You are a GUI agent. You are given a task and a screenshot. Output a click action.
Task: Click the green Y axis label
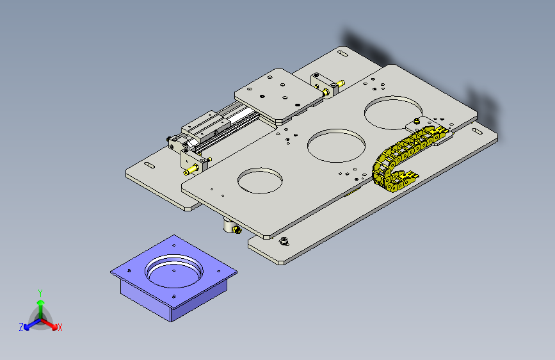40,292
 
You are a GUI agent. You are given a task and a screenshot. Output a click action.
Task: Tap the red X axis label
60,327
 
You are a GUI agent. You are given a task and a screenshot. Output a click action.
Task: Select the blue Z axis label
21,327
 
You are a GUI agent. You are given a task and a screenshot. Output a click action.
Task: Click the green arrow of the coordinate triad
40,304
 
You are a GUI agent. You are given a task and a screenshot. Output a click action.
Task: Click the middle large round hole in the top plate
335,145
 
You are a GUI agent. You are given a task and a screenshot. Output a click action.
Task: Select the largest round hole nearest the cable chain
391,112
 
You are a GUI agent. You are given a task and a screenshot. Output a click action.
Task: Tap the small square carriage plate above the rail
278,94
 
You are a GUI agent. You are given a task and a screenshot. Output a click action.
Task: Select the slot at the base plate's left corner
149,166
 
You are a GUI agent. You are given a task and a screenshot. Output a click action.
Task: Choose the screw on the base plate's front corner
284,241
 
